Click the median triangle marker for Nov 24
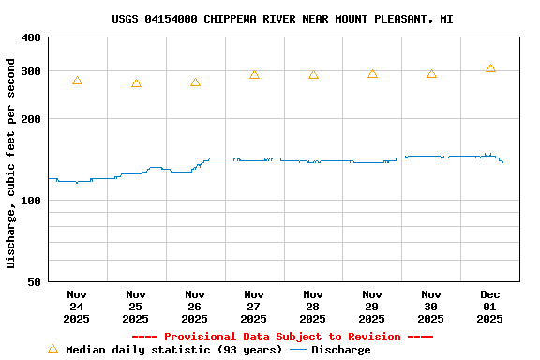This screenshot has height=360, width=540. click(x=77, y=81)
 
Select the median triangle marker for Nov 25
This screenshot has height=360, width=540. click(x=136, y=83)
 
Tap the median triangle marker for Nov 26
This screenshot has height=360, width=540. click(x=195, y=82)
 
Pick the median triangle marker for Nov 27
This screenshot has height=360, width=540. click(x=254, y=74)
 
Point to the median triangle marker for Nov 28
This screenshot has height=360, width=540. click(x=313, y=74)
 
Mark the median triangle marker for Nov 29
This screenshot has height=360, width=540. click(x=372, y=73)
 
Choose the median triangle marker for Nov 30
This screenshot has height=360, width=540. click(x=431, y=73)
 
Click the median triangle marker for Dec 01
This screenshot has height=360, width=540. click(x=490, y=68)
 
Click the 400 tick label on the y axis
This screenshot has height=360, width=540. click(x=31, y=37)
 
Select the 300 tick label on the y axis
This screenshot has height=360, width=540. click(x=31, y=71)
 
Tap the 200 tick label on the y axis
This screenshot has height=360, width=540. click(x=31, y=119)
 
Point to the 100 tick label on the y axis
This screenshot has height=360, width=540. click(x=31, y=201)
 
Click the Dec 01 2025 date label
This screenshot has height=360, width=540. click(x=490, y=307)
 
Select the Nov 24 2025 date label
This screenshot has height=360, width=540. click(x=77, y=307)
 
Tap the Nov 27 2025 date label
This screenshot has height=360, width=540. click(x=254, y=307)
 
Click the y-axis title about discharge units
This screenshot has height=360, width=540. click(x=11, y=163)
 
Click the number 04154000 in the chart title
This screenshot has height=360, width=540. click(x=171, y=19)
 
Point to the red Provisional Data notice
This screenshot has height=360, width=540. click(x=282, y=337)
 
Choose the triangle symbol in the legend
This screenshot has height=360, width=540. click(x=52, y=349)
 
